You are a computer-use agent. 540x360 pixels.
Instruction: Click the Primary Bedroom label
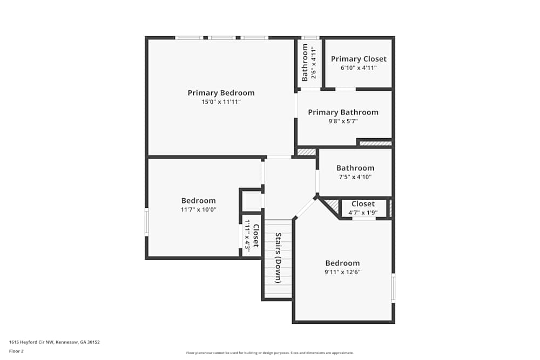[x=221, y=93]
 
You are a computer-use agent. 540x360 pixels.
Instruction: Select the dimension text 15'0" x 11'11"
[x=221, y=102]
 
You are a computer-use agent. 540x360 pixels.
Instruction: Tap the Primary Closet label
[x=359, y=59]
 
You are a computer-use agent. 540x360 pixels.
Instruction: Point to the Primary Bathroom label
[x=343, y=112]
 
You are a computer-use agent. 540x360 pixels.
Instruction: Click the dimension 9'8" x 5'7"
[x=343, y=121]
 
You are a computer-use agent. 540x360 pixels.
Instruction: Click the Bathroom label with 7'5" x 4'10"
[x=355, y=168]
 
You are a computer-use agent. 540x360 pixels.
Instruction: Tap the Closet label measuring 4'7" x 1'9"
[x=363, y=204]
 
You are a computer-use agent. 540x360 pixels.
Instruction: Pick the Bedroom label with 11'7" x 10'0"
[x=198, y=200]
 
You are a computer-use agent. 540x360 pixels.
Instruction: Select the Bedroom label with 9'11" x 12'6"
[x=342, y=263]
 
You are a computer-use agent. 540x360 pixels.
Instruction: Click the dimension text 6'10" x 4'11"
[x=359, y=68]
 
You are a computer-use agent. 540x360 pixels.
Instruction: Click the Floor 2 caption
[x=16, y=351]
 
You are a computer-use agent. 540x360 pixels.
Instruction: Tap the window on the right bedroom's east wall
[x=393, y=288]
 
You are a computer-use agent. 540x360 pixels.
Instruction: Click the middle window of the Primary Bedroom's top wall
[x=221, y=38]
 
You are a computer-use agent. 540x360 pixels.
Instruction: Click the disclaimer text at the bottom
[x=269, y=353]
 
